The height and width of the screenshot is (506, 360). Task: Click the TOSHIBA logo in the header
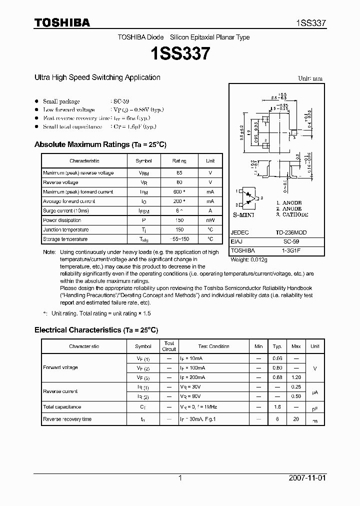tap(62, 22)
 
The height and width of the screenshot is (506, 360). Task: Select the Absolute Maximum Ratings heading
tap(100, 144)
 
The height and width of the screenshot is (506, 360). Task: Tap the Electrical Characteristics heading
tap(96, 330)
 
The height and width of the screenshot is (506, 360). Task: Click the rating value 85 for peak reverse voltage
tap(179, 173)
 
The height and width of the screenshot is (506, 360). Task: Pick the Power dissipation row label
tap(62, 220)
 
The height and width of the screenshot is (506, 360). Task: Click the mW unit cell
tap(210, 220)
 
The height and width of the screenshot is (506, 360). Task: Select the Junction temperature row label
tap(66, 230)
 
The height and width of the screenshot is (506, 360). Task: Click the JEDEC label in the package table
tap(240, 233)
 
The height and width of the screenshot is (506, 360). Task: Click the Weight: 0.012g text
tap(249, 260)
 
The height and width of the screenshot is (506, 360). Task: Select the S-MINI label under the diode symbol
tap(243, 214)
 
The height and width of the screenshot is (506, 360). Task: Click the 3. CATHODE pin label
tap(292, 214)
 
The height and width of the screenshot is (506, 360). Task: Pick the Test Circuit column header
tap(169, 346)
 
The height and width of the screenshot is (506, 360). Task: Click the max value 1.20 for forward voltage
tap(296, 377)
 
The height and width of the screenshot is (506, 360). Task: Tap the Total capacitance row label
tap(62, 407)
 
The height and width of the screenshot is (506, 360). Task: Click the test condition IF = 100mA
tap(192, 368)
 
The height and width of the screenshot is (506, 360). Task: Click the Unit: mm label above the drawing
tap(310, 79)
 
